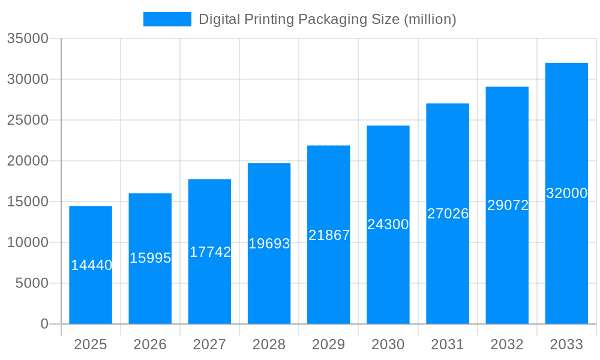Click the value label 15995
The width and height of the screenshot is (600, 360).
151,258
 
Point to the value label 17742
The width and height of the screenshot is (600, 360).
210,252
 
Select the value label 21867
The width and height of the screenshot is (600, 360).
329,235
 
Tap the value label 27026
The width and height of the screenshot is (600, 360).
448,214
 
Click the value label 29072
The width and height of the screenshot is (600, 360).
508,205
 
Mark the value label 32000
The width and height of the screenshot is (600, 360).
566,193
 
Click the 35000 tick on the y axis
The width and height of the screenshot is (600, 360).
28,38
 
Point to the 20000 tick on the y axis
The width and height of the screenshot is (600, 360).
28,161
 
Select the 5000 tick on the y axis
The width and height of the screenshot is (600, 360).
32,283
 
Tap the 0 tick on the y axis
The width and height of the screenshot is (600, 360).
44,324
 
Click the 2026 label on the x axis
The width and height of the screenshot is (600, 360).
150,344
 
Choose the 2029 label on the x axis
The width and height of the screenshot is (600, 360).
329,344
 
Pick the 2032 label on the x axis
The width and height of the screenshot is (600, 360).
507,344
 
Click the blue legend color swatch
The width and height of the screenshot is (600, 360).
167,19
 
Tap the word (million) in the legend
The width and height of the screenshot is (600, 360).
430,19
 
